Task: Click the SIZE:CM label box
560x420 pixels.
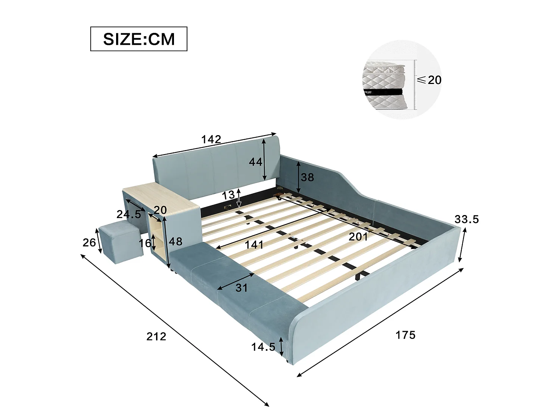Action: point(139,39)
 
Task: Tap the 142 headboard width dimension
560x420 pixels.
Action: point(211,139)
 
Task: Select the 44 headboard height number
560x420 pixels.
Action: point(255,162)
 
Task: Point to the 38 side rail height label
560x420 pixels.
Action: point(307,177)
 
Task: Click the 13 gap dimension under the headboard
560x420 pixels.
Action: point(228,195)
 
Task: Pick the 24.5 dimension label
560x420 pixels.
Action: point(129,214)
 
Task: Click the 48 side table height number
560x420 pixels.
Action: point(175,241)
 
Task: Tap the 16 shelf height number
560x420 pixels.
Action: point(145,243)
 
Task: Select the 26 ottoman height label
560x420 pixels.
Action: point(89,243)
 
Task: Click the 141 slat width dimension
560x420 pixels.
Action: point(254,245)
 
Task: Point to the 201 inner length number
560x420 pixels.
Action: point(358,237)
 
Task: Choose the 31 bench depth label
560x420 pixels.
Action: point(241,288)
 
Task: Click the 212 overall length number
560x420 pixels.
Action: point(156,337)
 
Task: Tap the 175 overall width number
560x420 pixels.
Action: point(405,335)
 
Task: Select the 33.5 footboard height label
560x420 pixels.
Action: point(467,219)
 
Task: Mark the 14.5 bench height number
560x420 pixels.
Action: point(264,347)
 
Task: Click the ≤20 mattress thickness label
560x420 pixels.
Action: point(429,80)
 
